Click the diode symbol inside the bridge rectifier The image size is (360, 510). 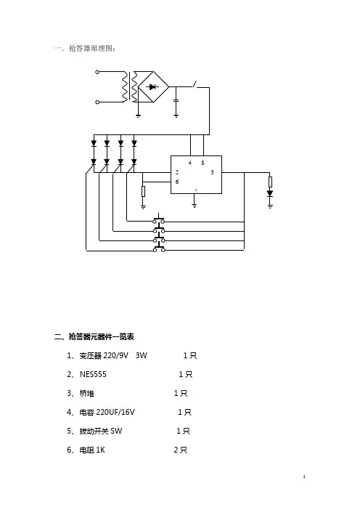152,87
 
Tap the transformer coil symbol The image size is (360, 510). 129,87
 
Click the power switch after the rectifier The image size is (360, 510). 195,84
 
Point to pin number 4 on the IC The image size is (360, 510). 190,163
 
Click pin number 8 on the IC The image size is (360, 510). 202,163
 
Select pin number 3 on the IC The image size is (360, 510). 212,172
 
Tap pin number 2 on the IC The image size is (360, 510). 177,172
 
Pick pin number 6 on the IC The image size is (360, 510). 177,182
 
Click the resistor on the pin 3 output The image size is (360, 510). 270,182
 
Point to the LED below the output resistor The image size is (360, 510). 270,193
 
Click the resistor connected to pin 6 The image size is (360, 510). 143,192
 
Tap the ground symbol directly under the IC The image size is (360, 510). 195,205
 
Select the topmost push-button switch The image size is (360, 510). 158,219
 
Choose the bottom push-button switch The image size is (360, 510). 158,248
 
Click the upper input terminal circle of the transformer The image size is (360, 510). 97,72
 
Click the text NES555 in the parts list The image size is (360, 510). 93,374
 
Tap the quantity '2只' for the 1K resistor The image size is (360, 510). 180,450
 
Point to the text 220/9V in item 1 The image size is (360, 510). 116,355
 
